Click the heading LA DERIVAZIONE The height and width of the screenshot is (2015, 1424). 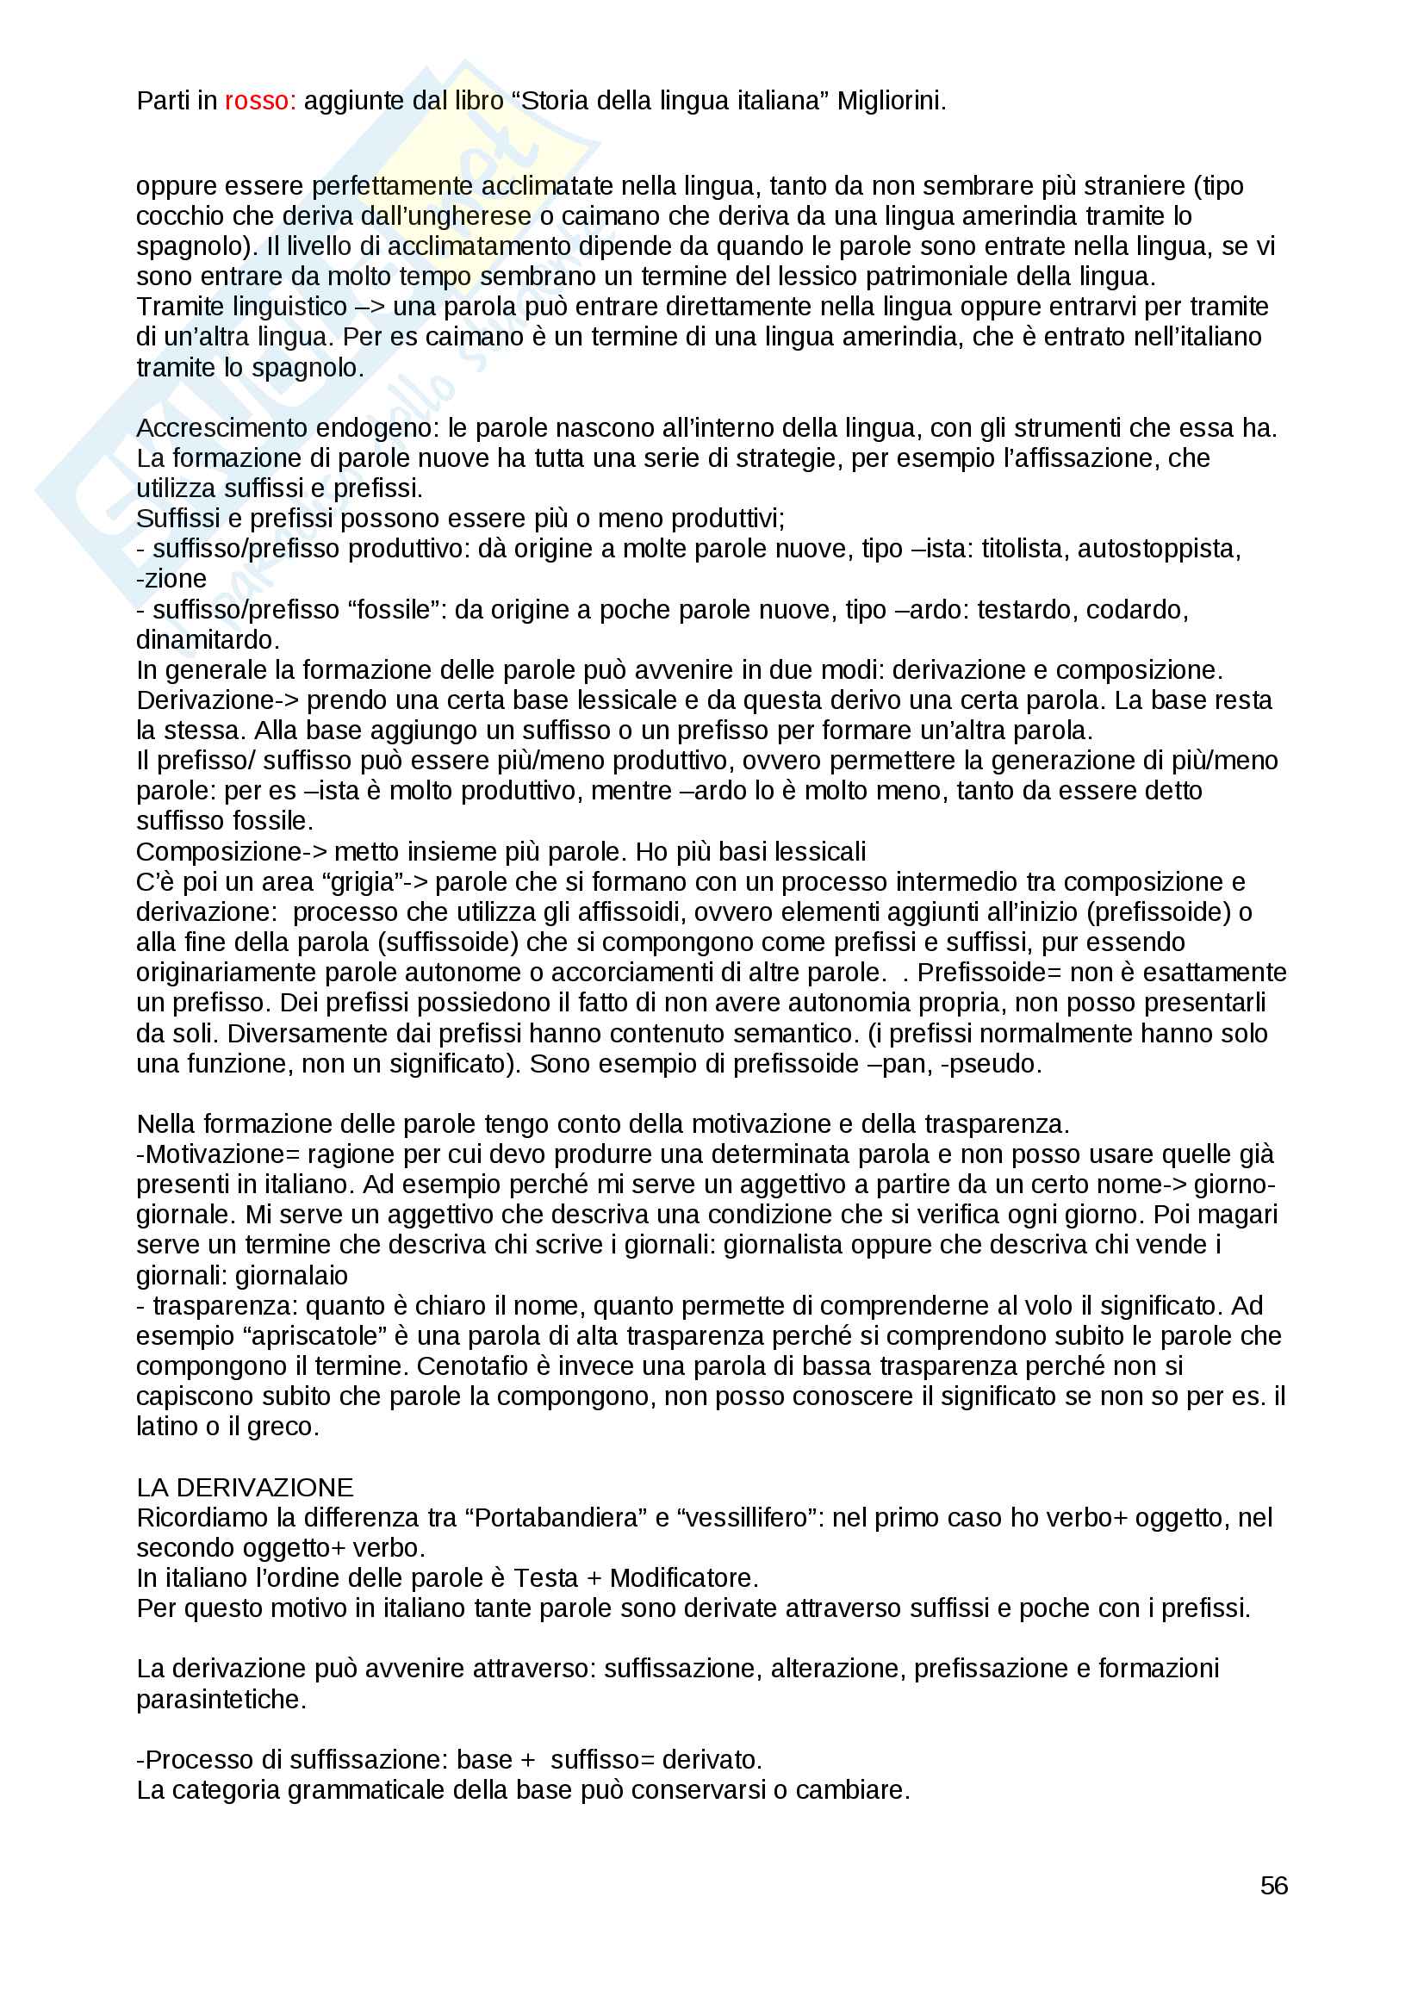point(245,1488)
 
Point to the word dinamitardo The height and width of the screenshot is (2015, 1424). point(207,640)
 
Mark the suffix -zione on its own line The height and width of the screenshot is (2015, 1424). point(172,579)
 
